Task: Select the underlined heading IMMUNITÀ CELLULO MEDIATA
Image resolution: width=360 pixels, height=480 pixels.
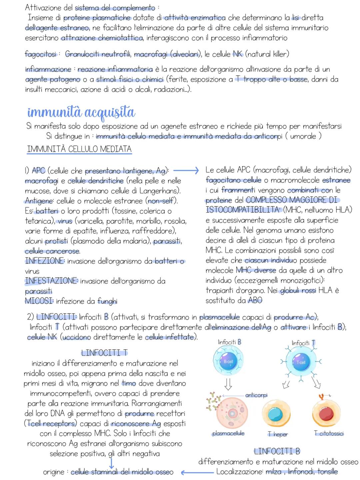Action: (79, 149)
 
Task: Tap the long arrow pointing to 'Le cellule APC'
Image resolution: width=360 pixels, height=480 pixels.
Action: (186, 170)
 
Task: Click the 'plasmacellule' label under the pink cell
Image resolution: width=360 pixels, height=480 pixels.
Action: (228, 434)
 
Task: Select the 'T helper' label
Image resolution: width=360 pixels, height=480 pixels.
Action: (277, 434)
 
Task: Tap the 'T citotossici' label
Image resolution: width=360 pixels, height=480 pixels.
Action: (329, 434)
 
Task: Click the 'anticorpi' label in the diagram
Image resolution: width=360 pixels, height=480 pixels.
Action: (256, 395)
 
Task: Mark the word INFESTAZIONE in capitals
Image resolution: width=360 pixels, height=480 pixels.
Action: (51, 281)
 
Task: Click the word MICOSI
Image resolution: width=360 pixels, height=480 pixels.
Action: (39, 301)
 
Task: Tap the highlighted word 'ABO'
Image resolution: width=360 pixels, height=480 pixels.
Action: (255, 301)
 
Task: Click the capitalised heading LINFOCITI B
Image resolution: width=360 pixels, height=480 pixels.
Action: (277, 452)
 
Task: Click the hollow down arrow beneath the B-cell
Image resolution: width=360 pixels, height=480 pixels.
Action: (228, 385)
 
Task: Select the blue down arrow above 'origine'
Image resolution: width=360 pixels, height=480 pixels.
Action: (111, 462)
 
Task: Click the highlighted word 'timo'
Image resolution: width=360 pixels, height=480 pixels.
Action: (129, 384)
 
